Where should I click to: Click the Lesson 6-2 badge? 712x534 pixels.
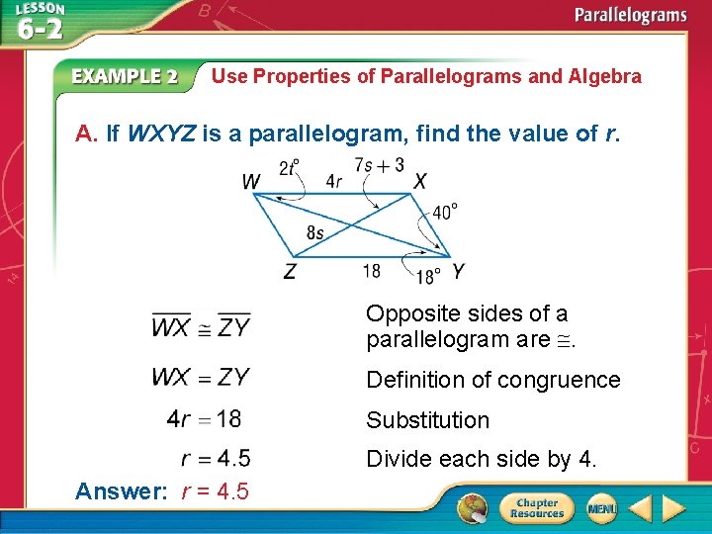[x=39, y=22]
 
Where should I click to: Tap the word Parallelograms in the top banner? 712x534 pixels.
[x=631, y=15]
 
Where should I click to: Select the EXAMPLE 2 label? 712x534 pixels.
[x=125, y=77]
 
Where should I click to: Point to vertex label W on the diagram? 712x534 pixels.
[x=252, y=182]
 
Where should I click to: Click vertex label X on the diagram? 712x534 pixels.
[x=420, y=182]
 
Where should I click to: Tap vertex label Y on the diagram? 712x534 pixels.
[x=457, y=270]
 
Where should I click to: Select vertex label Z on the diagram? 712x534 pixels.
[x=290, y=270]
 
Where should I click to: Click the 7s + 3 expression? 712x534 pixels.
[x=379, y=164]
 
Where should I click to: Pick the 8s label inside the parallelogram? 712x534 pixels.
[x=315, y=232]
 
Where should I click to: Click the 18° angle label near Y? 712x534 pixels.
[x=428, y=275]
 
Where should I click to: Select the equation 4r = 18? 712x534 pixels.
[x=204, y=419]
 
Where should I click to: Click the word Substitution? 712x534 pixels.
[x=427, y=420]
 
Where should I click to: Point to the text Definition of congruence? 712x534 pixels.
[x=492, y=380]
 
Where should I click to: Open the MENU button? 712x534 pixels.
[x=600, y=508]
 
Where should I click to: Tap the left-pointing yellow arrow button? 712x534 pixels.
[x=640, y=509]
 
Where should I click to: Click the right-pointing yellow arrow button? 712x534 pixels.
[x=673, y=509]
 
